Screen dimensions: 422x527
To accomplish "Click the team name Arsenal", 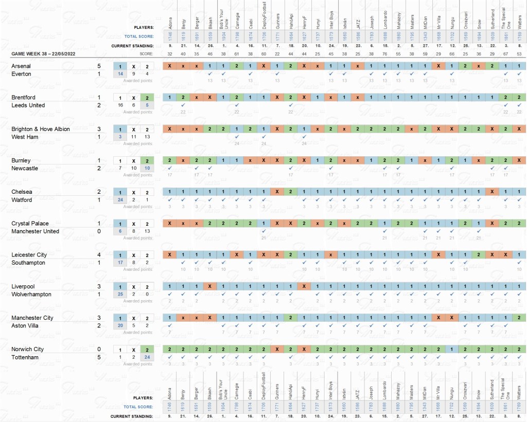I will coord(21,66).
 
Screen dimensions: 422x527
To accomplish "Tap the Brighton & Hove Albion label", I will coord(41,129).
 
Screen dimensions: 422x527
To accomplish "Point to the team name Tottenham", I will coord(25,357).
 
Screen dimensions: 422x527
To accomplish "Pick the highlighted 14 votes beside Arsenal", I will coord(120,74).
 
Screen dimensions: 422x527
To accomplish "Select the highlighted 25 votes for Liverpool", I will coord(120,295).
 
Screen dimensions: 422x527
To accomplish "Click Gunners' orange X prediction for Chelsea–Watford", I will coord(277,192).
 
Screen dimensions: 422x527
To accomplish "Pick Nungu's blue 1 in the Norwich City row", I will coord(451,349).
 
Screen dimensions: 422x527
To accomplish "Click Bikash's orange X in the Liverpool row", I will coord(210,286).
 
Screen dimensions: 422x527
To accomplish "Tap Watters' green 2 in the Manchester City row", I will coord(519,318).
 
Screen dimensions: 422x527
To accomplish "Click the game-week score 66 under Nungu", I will coord(451,53).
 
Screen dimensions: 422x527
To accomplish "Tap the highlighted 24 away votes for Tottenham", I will coord(147,357).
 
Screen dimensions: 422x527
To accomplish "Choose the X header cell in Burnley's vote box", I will coord(133,161).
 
